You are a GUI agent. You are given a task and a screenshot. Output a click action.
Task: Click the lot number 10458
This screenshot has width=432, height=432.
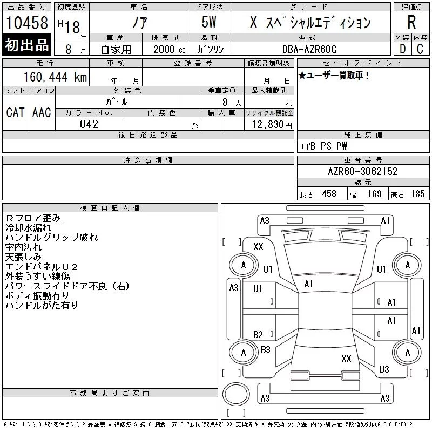(26, 22)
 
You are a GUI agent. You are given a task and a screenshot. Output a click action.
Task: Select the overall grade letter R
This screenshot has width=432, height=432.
(411, 22)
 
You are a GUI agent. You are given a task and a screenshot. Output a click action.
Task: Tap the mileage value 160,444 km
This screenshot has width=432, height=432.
(55, 77)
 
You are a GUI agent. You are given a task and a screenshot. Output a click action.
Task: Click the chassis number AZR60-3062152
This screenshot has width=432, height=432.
(363, 171)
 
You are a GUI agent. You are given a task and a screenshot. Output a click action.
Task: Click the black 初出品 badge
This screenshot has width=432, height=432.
(26, 45)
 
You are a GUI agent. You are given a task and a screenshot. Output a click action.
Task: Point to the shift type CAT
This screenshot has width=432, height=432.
(15, 112)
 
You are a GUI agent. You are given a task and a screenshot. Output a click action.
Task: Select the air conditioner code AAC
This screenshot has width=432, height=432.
(42, 112)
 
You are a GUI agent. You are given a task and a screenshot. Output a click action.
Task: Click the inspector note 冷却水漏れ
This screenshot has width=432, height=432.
(28, 228)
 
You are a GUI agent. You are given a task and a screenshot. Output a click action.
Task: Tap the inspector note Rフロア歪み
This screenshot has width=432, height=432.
(33, 218)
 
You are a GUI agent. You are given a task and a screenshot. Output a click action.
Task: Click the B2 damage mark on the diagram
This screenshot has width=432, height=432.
(258, 335)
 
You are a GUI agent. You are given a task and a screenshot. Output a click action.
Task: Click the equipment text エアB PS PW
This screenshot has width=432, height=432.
(323, 146)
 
